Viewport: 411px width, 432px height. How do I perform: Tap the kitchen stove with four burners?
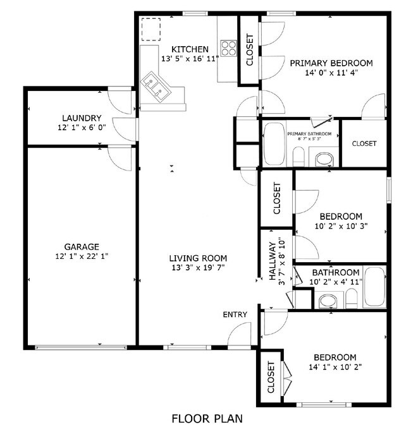pyautogui.click(x=228, y=48)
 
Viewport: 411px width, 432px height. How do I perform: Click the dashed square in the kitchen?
pyautogui.click(x=151, y=28)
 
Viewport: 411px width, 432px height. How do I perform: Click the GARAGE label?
pyautogui.click(x=82, y=246)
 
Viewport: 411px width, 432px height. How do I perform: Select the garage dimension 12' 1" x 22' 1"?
pyautogui.click(x=82, y=256)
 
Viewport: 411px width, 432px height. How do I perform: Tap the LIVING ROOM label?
pyautogui.click(x=197, y=258)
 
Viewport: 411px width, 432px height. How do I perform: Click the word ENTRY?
pyautogui.click(x=235, y=315)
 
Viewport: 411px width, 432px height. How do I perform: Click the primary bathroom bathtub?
pyautogui.click(x=274, y=145)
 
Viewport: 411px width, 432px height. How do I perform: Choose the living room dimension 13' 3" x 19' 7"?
pyautogui.click(x=197, y=268)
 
